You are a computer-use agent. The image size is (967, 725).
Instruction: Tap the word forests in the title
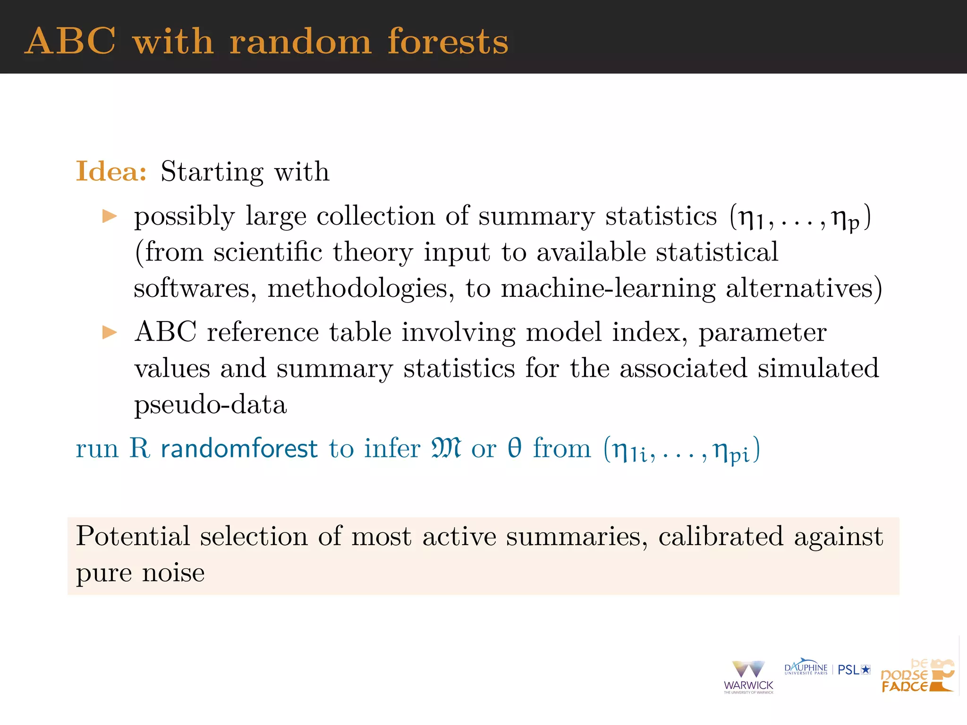point(448,42)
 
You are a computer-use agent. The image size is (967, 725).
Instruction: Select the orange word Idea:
point(111,171)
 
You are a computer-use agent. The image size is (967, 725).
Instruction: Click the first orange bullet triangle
point(110,217)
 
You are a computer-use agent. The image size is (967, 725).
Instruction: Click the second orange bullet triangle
point(110,332)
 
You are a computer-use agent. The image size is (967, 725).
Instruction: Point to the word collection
point(375,217)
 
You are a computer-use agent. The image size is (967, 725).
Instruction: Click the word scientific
point(268,252)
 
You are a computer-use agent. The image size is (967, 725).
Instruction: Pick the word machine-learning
point(608,288)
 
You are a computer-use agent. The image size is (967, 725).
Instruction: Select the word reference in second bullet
point(263,332)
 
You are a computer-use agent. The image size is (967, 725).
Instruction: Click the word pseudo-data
point(211,405)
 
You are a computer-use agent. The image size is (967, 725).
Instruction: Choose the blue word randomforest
point(239,448)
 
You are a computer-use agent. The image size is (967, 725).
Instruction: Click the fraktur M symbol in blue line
point(446,448)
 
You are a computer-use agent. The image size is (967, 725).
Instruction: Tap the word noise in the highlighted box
point(173,573)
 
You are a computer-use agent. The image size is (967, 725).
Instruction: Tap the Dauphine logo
point(806,668)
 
